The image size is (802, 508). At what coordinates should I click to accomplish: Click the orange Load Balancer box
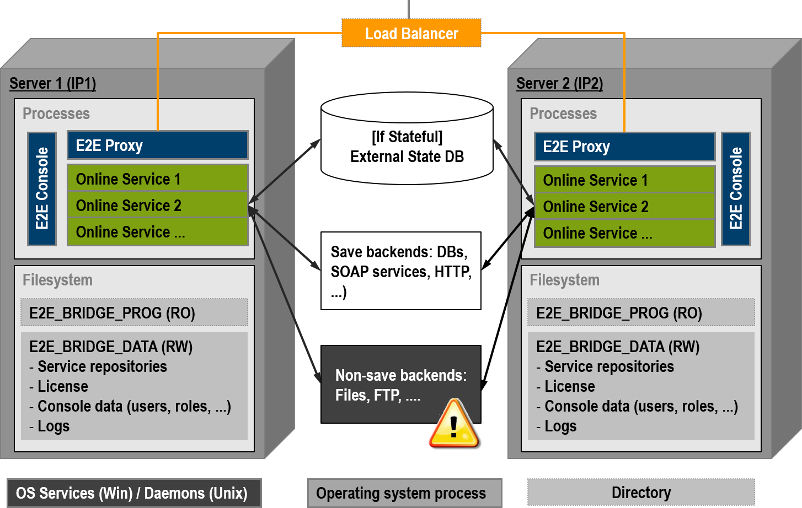(x=411, y=34)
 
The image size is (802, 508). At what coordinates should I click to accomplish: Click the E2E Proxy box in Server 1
(x=157, y=145)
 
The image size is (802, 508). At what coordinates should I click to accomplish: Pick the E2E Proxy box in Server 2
(x=624, y=147)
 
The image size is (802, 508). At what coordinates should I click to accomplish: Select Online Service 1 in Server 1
(x=157, y=179)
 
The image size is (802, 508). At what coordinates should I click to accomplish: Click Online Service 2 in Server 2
(x=624, y=207)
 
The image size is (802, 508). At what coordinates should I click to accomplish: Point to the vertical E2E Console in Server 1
(x=42, y=188)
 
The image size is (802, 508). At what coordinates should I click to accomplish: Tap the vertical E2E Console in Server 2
(x=735, y=188)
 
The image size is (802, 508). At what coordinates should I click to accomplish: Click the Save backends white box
(x=401, y=271)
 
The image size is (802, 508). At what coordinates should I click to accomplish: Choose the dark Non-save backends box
(x=401, y=385)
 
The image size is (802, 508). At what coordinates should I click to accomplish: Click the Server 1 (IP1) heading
(x=53, y=83)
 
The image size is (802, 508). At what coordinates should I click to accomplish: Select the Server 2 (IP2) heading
(x=559, y=83)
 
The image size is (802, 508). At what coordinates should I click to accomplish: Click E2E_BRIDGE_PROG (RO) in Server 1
(x=134, y=313)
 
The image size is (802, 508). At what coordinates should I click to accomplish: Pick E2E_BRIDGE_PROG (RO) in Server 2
(x=641, y=313)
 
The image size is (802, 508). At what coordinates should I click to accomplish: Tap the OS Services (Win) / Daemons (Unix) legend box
(x=133, y=493)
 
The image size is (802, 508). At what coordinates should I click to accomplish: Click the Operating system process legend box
(x=404, y=493)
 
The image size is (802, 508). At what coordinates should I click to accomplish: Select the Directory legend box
(x=641, y=492)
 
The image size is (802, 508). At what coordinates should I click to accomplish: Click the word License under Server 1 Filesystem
(x=62, y=386)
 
